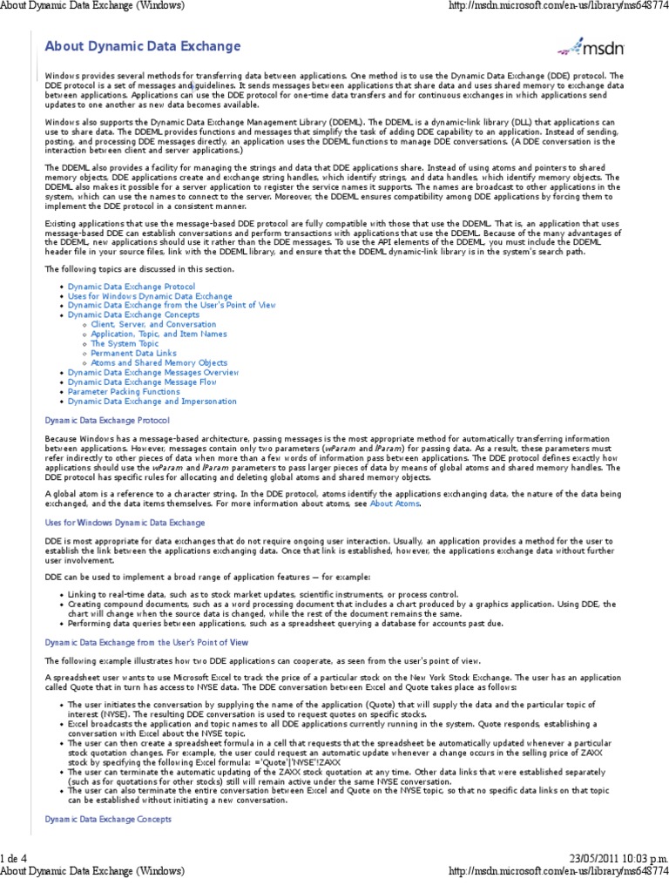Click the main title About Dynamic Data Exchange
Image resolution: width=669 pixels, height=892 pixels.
pos(143,45)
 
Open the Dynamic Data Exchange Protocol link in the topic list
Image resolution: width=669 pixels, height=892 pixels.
pos(132,286)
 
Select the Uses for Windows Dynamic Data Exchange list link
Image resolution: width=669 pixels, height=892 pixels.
pos(150,295)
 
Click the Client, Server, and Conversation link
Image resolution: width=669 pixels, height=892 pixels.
pos(153,324)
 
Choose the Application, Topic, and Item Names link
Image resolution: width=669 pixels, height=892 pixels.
pos(159,334)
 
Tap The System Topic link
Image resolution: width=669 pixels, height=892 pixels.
pos(125,343)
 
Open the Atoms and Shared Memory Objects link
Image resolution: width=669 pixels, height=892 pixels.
pos(159,362)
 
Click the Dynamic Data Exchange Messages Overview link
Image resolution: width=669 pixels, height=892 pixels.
pos(153,372)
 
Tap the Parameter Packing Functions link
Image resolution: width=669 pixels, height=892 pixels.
pos(124,391)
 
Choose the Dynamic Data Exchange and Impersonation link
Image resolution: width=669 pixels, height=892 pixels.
pos(152,401)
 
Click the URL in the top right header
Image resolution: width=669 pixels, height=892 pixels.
pos(557,7)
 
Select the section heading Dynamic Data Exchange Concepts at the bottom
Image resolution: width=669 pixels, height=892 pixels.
pos(108,819)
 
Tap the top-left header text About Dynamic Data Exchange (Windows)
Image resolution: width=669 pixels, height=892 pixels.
pos(91,7)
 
